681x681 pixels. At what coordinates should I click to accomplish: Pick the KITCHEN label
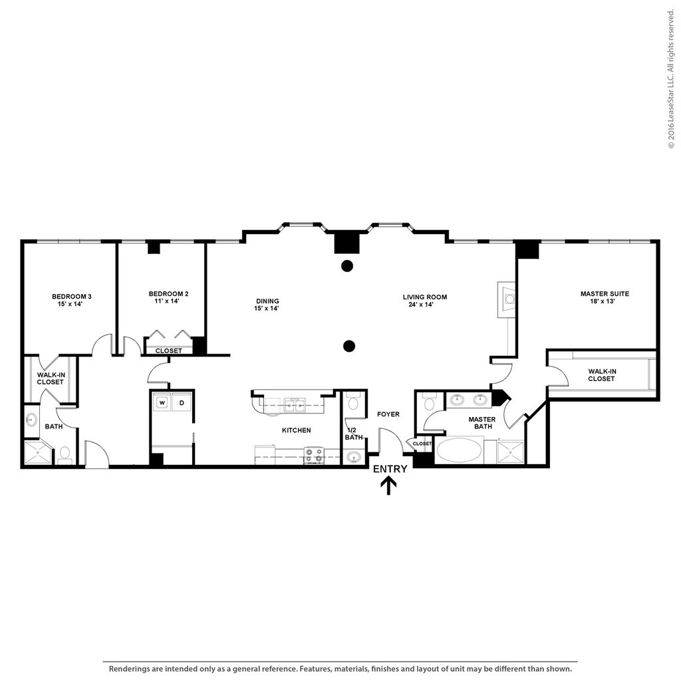point(296,430)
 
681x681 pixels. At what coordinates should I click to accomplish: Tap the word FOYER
point(388,414)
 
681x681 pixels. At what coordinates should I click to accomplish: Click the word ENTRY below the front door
point(390,469)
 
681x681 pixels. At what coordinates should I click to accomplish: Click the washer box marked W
point(162,402)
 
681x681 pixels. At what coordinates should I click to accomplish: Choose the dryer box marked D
point(182,402)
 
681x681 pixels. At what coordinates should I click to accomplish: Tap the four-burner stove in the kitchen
point(313,456)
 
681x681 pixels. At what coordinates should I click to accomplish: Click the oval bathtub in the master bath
point(460,450)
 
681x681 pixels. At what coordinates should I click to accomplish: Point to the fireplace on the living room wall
point(508,298)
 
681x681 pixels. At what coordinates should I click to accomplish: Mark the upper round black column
point(346,267)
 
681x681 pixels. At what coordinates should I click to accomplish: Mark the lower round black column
point(348,345)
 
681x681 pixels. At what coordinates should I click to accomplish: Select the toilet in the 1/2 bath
point(354,403)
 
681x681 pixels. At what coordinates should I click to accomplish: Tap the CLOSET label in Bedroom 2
point(168,350)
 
